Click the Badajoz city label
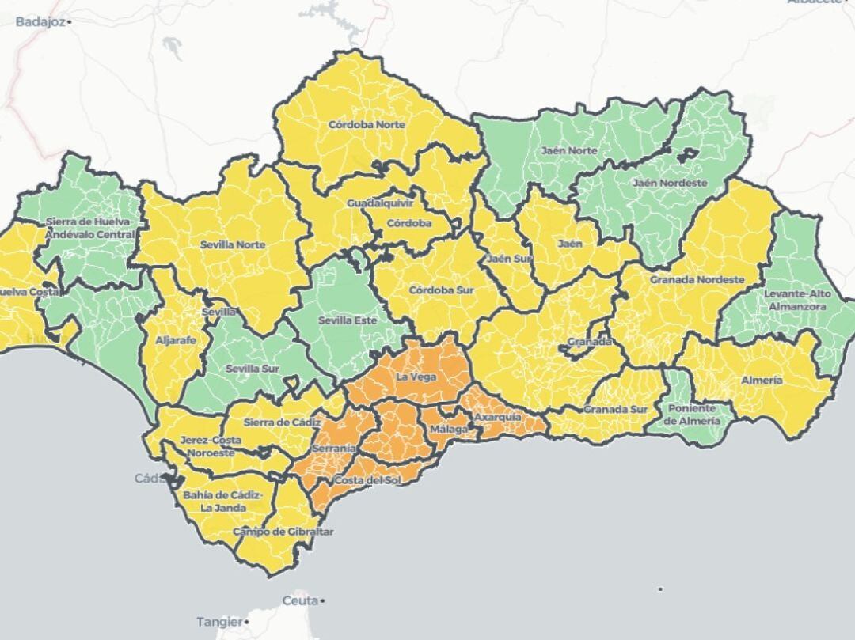point(40,22)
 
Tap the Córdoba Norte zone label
point(367,125)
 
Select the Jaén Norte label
point(569,150)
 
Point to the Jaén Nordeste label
point(670,183)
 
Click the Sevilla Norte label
point(233,245)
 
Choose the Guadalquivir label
point(380,203)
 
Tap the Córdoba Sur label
point(441,290)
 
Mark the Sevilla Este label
point(348,321)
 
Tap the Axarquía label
point(497,416)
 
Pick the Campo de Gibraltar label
point(283,532)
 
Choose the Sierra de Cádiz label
point(277,422)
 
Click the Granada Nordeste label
point(697,280)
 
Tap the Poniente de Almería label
point(693,415)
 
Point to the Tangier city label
point(218,621)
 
